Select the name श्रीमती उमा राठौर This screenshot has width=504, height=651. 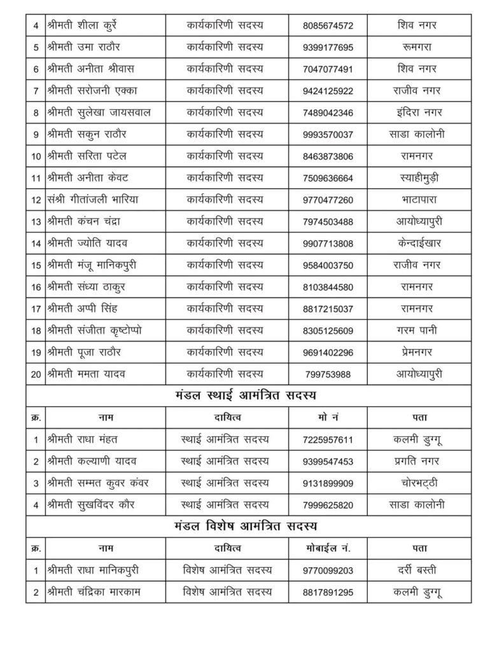coord(83,47)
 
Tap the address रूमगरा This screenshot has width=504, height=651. coord(416,47)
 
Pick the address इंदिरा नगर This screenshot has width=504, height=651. coord(416,113)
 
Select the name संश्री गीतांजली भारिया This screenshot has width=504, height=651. coord(93,200)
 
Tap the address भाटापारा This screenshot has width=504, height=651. coord(416,200)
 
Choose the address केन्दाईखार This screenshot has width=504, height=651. coord(416,243)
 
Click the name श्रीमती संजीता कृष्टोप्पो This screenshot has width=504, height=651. coord(94,330)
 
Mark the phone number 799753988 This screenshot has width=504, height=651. coord(327,374)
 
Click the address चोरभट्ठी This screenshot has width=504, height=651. coord(416,483)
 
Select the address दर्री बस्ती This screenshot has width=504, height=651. coord(416,570)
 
